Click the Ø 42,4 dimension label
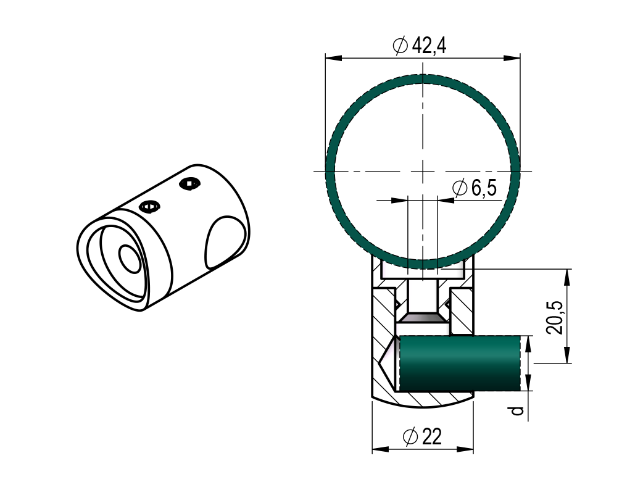click(x=420, y=45)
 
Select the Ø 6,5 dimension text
click(x=475, y=188)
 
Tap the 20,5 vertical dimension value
click(x=554, y=317)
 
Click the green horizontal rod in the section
click(x=460, y=363)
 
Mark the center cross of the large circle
click(x=423, y=171)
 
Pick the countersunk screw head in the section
click(x=423, y=318)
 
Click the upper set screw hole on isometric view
click(x=190, y=184)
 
